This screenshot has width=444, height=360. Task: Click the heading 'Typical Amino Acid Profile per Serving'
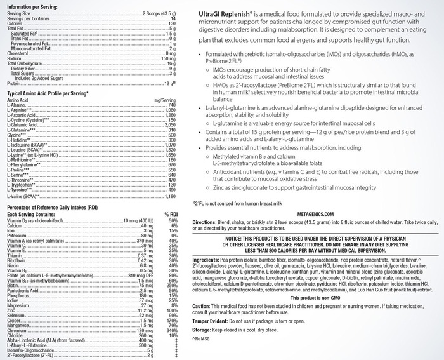click(x=48, y=93)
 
